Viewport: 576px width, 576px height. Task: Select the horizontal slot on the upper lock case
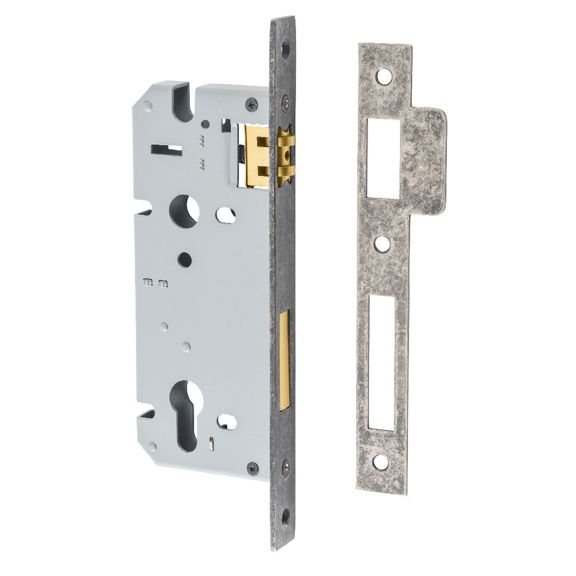pyautogui.click(x=166, y=146)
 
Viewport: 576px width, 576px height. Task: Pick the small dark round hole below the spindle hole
pyautogui.click(x=185, y=257)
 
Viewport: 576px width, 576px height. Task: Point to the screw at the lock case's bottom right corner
pyautogui.click(x=251, y=469)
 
